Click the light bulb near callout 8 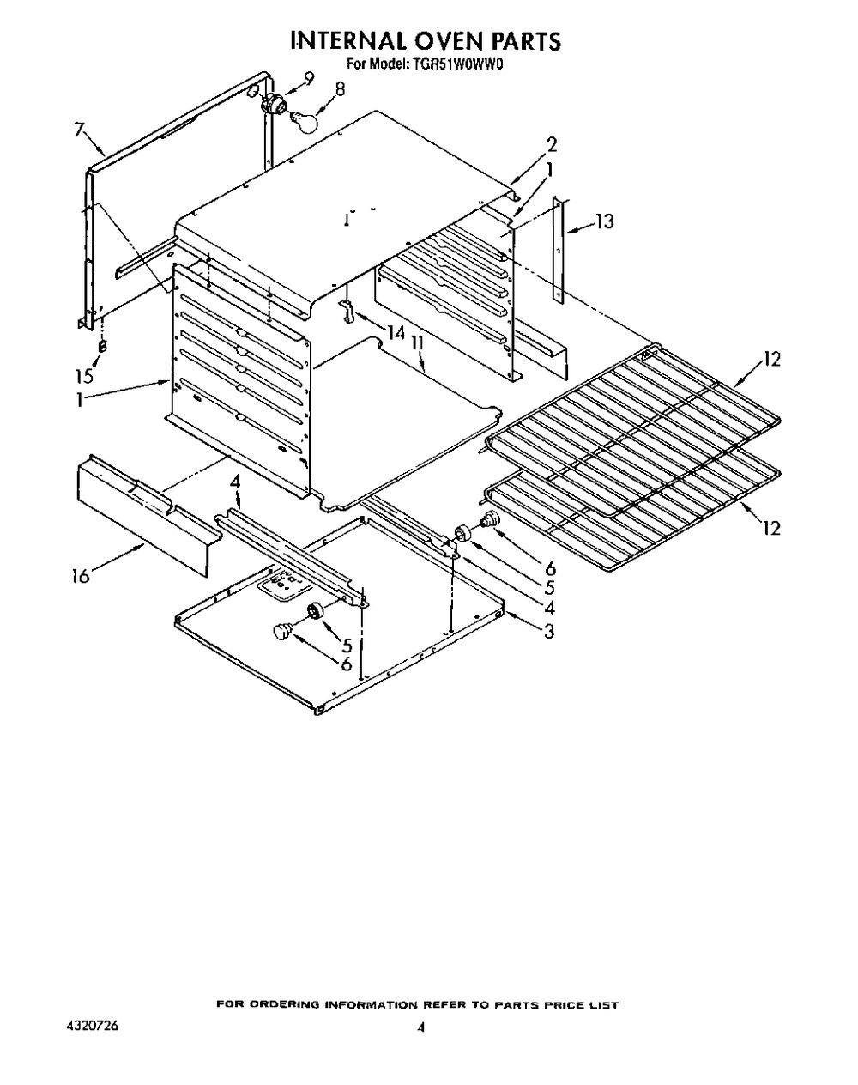[x=305, y=122]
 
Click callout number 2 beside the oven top [x=553, y=146]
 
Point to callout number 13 [x=604, y=221]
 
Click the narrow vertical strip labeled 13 [x=558, y=250]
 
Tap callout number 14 [x=396, y=333]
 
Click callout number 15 [x=85, y=376]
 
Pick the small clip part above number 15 [x=102, y=347]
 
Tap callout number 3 [x=548, y=631]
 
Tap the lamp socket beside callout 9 [x=274, y=102]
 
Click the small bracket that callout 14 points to [x=347, y=310]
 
